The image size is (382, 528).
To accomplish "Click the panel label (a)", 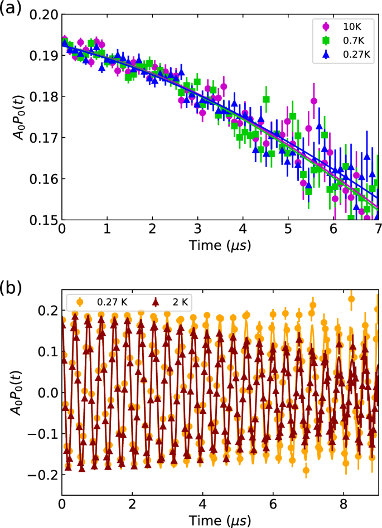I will click(x=12, y=9).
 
